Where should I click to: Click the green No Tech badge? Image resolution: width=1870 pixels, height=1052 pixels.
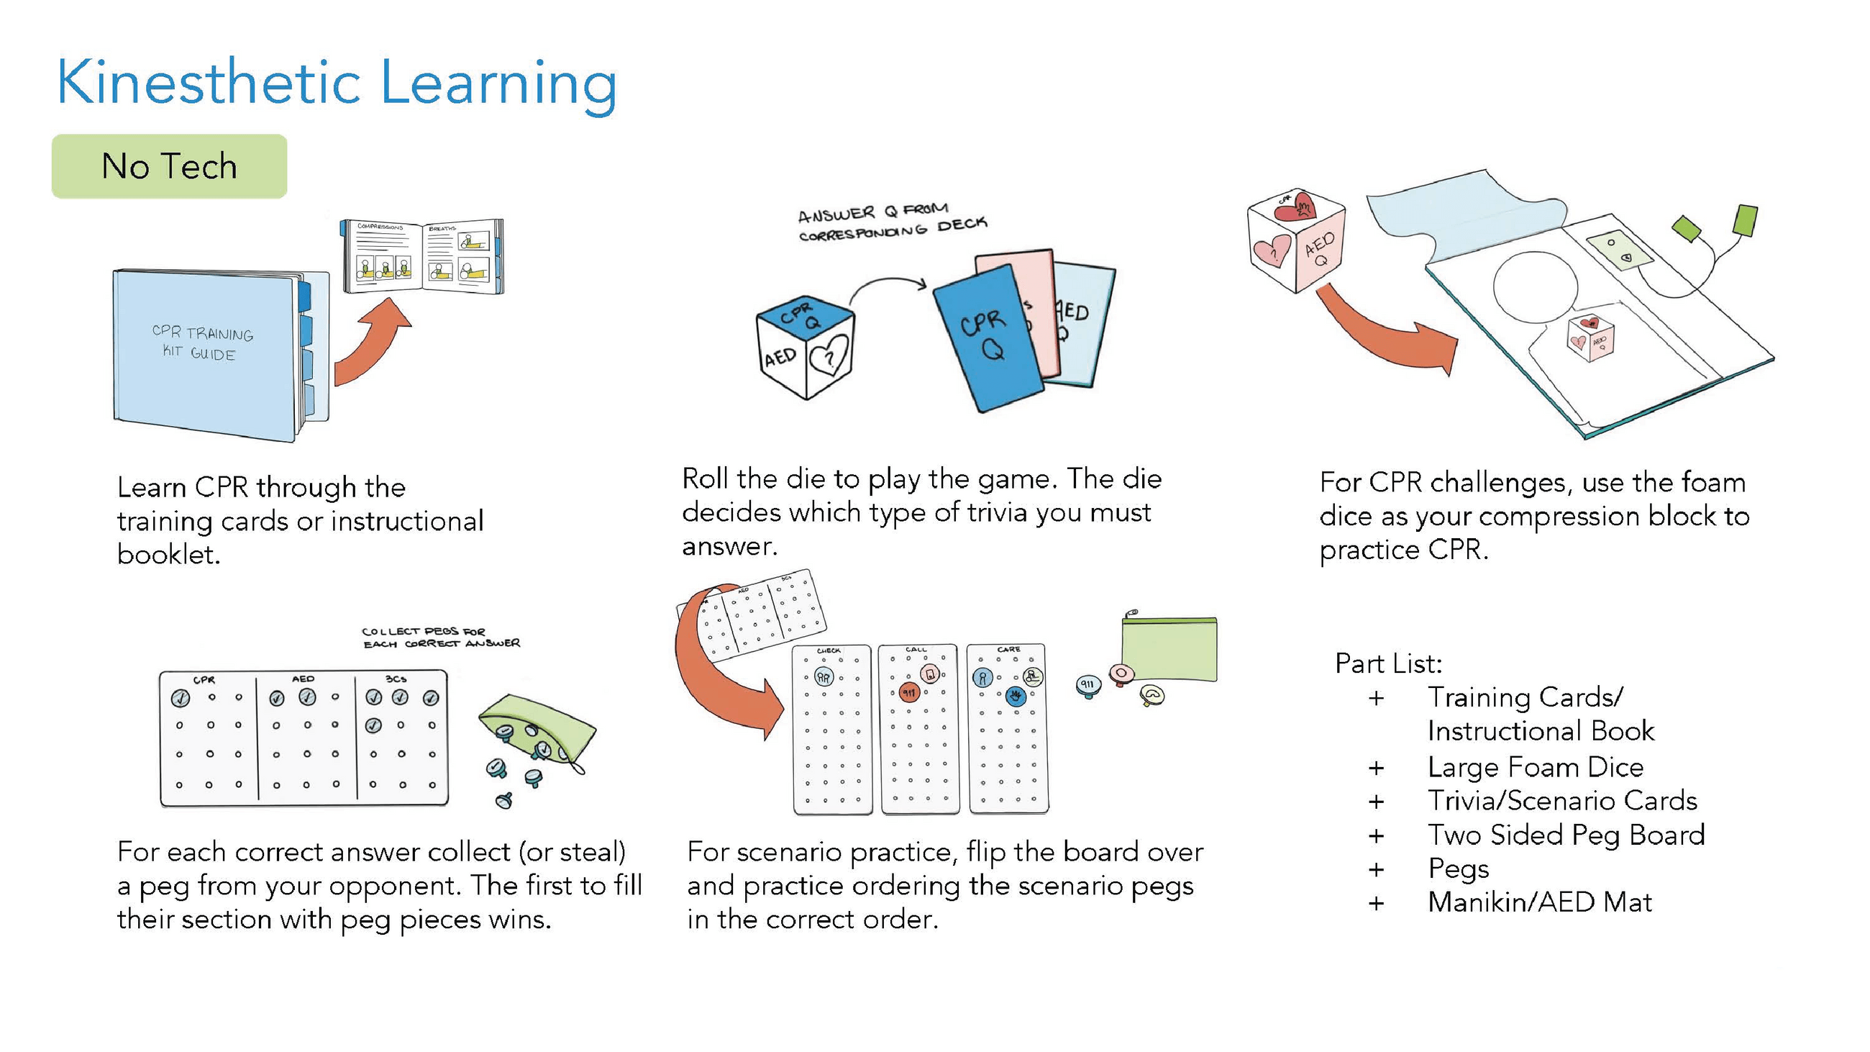168,166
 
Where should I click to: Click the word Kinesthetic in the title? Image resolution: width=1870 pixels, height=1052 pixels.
208,83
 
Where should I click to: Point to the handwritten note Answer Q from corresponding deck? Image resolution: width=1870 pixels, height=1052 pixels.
891,222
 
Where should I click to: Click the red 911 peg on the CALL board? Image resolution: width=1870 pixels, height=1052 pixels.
909,693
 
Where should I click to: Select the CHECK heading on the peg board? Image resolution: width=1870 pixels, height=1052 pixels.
829,650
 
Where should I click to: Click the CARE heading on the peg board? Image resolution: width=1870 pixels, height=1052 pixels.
1008,650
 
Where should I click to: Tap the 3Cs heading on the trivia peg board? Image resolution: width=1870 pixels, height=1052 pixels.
396,679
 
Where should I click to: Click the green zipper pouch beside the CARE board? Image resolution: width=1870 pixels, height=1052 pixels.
1169,649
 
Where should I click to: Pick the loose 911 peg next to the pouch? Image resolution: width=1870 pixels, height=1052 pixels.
1087,685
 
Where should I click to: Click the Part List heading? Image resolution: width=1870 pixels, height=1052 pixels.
1388,663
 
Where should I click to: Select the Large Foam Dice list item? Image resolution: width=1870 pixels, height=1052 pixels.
1535,766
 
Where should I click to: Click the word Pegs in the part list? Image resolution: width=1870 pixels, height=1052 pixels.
1458,869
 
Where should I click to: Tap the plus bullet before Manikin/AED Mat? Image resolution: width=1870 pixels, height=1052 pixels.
1376,903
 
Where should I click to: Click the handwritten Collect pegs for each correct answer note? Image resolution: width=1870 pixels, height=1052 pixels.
440,638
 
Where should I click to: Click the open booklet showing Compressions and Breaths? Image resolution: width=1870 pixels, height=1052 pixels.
422,255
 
